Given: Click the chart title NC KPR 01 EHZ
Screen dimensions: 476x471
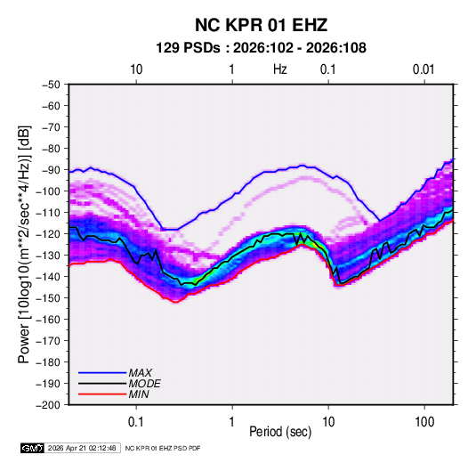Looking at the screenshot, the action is pos(261,25).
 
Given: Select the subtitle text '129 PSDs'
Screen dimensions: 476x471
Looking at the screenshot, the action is pos(188,48).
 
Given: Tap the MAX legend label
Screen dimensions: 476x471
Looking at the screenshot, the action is pos(140,373).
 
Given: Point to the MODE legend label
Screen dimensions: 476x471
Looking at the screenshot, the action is pos(144,384).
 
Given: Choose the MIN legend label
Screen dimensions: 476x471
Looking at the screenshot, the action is pos(139,394).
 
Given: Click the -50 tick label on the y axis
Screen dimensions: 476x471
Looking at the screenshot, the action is pos(51,85).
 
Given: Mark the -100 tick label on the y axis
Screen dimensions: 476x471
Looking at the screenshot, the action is pos(48,191).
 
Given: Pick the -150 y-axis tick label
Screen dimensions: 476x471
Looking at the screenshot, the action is pos(48,298).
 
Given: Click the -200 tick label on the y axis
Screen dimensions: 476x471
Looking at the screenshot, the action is pos(48,405).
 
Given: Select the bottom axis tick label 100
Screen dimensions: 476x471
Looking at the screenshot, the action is pos(424,422).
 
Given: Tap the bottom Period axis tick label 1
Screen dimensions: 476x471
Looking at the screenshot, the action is pos(232,422).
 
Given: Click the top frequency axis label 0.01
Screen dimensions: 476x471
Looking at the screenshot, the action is pos(424,69).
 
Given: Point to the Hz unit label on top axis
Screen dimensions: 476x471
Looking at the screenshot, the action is pos(280,69).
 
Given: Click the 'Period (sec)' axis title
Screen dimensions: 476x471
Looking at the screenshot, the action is pos(280,432).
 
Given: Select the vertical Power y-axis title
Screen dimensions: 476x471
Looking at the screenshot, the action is pos(24,244).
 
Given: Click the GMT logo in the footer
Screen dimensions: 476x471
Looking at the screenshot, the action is pos(33,448).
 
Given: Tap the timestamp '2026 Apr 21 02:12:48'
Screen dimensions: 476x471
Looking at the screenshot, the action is pos(82,448).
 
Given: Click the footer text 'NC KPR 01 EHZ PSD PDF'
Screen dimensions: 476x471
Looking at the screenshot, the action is pos(163,448).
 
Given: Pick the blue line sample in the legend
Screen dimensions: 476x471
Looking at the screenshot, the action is pos(102,373).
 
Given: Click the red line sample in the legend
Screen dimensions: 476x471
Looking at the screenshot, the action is pos(102,394).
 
